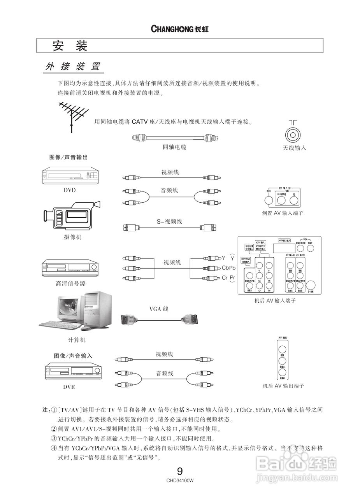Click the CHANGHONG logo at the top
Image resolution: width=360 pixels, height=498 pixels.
tap(179, 29)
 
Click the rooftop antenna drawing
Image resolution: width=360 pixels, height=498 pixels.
tap(74, 115)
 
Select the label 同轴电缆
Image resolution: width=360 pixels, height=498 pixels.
tap(174, 147)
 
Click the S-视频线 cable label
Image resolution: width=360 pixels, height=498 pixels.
tap(169, 221)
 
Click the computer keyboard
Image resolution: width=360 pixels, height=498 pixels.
tap(59, 324)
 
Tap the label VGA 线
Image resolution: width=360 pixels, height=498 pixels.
tap(159, 309)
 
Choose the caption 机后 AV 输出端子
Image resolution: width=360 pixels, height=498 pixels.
tap(283, 386)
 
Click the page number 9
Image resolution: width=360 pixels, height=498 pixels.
tap(180, 472)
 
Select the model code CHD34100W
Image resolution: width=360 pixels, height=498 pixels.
tap(180, 480)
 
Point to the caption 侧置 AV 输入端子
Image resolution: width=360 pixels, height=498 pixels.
tap(283, 213)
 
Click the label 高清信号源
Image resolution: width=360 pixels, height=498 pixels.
tap(70, 284)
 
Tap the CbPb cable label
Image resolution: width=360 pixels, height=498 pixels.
tap(229, 268)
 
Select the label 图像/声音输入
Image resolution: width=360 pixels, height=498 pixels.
tap(73, 356)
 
